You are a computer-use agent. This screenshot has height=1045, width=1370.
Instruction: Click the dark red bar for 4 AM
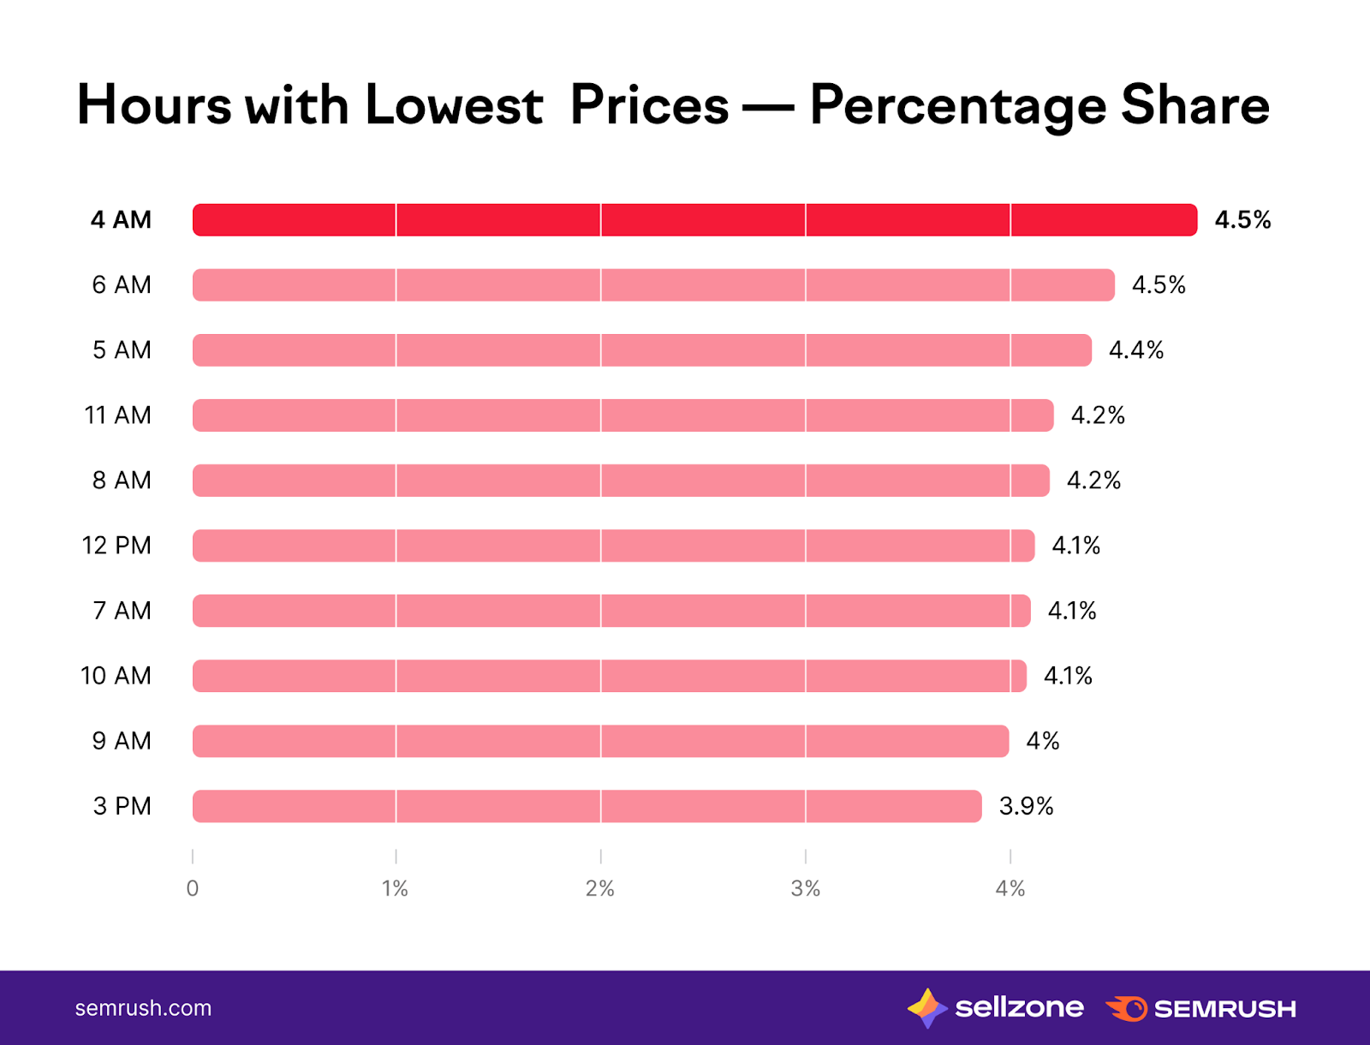point(694,220)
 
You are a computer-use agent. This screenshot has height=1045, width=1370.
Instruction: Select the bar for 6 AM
point(653,285)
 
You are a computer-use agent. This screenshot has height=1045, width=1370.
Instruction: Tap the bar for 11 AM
point(622,415)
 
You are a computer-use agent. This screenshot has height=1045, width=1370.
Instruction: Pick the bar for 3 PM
point(587,806)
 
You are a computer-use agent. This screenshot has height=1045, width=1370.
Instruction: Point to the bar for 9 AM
point(600,741)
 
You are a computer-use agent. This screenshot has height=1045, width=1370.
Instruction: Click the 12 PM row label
point(116,546)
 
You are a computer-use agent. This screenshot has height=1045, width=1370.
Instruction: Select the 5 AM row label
point(122,350)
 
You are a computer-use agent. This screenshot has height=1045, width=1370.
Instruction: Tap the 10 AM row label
point(116,676)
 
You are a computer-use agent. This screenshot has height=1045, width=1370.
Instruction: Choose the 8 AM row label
point(122,481)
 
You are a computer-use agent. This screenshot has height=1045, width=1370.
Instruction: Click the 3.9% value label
point(1026,806)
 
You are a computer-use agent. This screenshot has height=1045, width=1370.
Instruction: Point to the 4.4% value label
point(1136,350)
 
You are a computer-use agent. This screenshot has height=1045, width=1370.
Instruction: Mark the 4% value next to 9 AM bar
point(1043,741)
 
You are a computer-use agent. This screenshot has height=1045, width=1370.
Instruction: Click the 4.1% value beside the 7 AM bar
point(1072,611)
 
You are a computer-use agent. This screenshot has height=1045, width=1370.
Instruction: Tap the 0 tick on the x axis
point(193,888)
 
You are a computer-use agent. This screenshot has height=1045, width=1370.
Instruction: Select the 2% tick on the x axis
point(600,888)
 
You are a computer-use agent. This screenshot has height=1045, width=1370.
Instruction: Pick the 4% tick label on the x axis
point(1010,888)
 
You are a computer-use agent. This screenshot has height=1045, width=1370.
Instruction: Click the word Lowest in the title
point(454,105)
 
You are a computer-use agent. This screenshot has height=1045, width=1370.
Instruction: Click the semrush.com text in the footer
point(143,1008)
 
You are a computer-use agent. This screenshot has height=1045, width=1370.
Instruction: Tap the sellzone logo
point(995,1008)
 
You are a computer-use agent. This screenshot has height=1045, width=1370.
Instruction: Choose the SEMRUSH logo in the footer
point(1200,1009)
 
